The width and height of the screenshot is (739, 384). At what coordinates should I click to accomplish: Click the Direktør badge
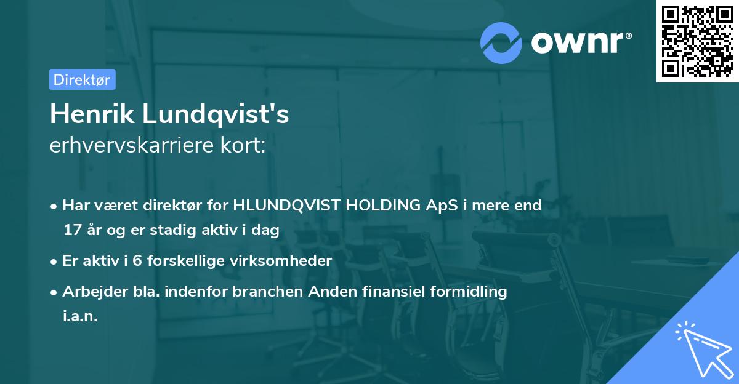[x=82, y=79]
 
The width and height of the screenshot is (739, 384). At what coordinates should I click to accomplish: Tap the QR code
[x=698, y=41]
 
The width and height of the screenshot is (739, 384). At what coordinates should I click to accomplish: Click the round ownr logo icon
[x=501, y=43]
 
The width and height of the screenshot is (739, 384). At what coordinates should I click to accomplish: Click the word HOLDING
[x=387, y=206]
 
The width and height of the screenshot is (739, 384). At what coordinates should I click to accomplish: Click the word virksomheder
[x=286, y=261]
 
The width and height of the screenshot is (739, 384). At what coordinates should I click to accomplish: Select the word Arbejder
[x=91, y=292]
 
